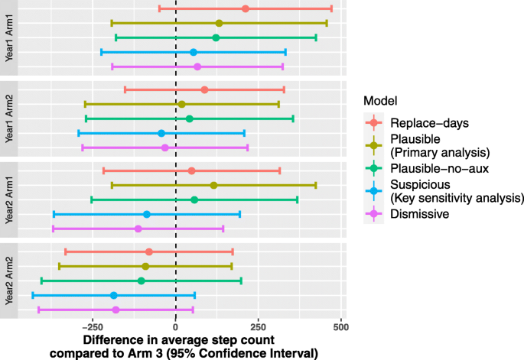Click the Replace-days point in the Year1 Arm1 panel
(245, 8)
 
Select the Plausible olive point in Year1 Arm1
(219, 24)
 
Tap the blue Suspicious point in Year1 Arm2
(161, 133)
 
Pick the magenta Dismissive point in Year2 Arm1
(138, 229)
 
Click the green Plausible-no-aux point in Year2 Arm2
(141, 281)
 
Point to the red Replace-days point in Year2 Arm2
(149, 251)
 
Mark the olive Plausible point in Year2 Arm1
(213, 185)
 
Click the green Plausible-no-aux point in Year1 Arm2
(189, 118)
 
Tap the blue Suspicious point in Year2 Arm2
(114, 295)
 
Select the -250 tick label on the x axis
(93, 326)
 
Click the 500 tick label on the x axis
(341, 326)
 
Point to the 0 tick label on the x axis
(176, 326)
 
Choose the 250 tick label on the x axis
(259, 326)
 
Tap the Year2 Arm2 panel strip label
(8, 281)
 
